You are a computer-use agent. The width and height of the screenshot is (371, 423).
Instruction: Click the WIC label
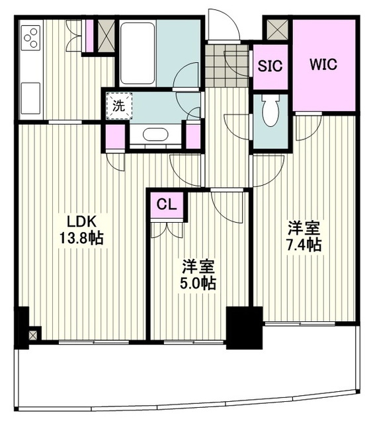click(x=323, y=65)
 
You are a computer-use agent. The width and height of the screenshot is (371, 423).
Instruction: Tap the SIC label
click(x=270, y=65)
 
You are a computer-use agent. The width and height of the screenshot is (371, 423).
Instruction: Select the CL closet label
click(x=167, y=205)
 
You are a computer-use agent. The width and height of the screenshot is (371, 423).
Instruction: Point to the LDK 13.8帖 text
click(x=81, y=230)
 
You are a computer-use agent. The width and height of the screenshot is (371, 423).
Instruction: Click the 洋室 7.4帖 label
click(x=304, y=237)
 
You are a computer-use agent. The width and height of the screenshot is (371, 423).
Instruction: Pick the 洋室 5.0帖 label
click(x=198, y=274)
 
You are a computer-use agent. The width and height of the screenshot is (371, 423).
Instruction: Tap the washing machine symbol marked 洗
click(x=119, y=106)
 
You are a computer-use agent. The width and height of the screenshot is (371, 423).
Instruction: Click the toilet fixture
click(x=271, y=110)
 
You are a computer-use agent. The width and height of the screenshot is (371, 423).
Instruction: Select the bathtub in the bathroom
click(x=137, y=54)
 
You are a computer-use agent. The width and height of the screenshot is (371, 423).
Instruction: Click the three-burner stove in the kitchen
click(x=30, y=38)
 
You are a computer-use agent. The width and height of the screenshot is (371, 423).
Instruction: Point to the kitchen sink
click(x=30, y=98)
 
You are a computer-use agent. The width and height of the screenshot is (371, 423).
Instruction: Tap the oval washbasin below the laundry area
click(x=155, y=134)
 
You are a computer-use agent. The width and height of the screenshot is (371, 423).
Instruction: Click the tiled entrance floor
click(x=226, y=65)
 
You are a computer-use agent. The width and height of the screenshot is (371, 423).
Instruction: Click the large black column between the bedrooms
click(x=245, y=328)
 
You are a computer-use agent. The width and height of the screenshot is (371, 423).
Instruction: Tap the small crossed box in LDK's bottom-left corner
click(x=32, y=335)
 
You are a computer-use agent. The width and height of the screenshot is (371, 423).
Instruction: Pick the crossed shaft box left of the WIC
click(x=277, y=29)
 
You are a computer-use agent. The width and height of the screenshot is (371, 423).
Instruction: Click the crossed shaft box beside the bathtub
click(x=106, y=36)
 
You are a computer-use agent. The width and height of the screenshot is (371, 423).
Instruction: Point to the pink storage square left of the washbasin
click(x=115, y=137)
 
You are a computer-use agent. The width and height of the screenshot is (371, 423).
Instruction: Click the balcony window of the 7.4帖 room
click(x=300, y=323)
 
